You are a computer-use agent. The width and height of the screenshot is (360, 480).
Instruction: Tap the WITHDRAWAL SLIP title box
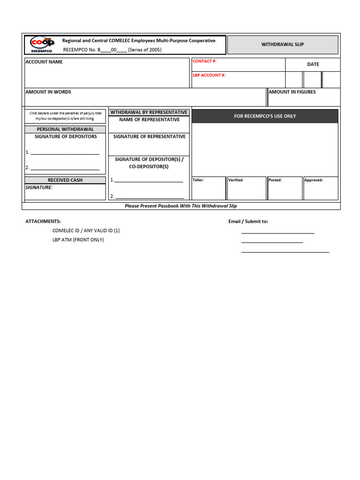tap(283, 45)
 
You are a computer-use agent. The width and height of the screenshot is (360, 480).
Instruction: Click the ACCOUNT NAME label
tap(44, 62)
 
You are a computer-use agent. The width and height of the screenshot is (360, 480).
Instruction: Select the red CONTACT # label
tap(204, 61)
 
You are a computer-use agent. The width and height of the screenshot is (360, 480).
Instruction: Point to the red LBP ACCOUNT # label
tap(209, 75)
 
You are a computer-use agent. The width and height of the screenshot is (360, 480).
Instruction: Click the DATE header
tap(313, 64)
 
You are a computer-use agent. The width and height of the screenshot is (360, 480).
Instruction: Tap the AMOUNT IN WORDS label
tap(48, 92)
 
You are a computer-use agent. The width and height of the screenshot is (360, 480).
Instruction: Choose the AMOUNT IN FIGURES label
tap(292, 92)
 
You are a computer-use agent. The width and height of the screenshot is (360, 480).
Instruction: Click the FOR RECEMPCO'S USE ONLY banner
tap(265, 116)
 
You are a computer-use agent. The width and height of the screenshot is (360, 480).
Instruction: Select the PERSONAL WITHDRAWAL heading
tap(65, 129)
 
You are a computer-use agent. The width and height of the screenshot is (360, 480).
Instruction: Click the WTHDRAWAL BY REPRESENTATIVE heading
tap(149, 112)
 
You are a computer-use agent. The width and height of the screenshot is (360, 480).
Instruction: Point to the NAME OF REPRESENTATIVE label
tap(149, 120)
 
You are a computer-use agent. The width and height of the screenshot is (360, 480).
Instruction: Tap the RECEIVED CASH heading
tap(65, 180)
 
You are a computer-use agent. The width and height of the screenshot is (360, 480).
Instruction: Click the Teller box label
tap(198, 180)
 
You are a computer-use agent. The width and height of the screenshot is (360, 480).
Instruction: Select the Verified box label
tap(236, 180)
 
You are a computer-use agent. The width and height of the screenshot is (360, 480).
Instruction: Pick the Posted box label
tap(275, 180)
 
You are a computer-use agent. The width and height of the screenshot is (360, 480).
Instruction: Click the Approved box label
tap(314, 180)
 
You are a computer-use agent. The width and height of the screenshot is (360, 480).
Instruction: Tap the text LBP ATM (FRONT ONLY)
tap(78, 240)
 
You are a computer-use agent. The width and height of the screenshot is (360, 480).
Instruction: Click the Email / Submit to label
tap(248, 221)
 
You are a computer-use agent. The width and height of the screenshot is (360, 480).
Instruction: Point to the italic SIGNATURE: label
tap(39, 187)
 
